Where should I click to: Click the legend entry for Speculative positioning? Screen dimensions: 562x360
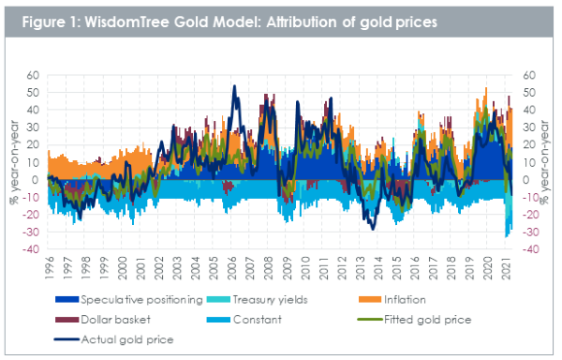129,300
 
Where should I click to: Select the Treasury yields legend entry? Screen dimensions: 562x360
257,300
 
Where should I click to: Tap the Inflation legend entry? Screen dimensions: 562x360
392,300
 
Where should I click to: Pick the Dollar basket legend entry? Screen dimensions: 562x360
103,320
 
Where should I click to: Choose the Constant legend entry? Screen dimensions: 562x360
244,320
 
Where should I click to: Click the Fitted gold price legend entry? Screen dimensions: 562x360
415,320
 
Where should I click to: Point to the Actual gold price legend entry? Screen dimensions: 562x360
114,339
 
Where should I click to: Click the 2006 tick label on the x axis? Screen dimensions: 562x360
232,268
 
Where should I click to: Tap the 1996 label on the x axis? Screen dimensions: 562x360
49,268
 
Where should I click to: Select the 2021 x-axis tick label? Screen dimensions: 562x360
506,268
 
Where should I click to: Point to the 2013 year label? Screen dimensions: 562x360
360,268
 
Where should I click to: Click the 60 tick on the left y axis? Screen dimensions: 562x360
33,75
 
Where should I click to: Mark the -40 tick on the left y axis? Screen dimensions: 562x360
31,249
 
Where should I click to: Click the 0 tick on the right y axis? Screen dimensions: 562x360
525,180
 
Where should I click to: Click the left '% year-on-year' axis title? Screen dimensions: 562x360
14,162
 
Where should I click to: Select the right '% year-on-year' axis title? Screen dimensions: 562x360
544,162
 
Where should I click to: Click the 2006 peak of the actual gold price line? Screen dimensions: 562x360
234,86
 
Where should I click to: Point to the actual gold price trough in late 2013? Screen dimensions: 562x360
373,229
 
